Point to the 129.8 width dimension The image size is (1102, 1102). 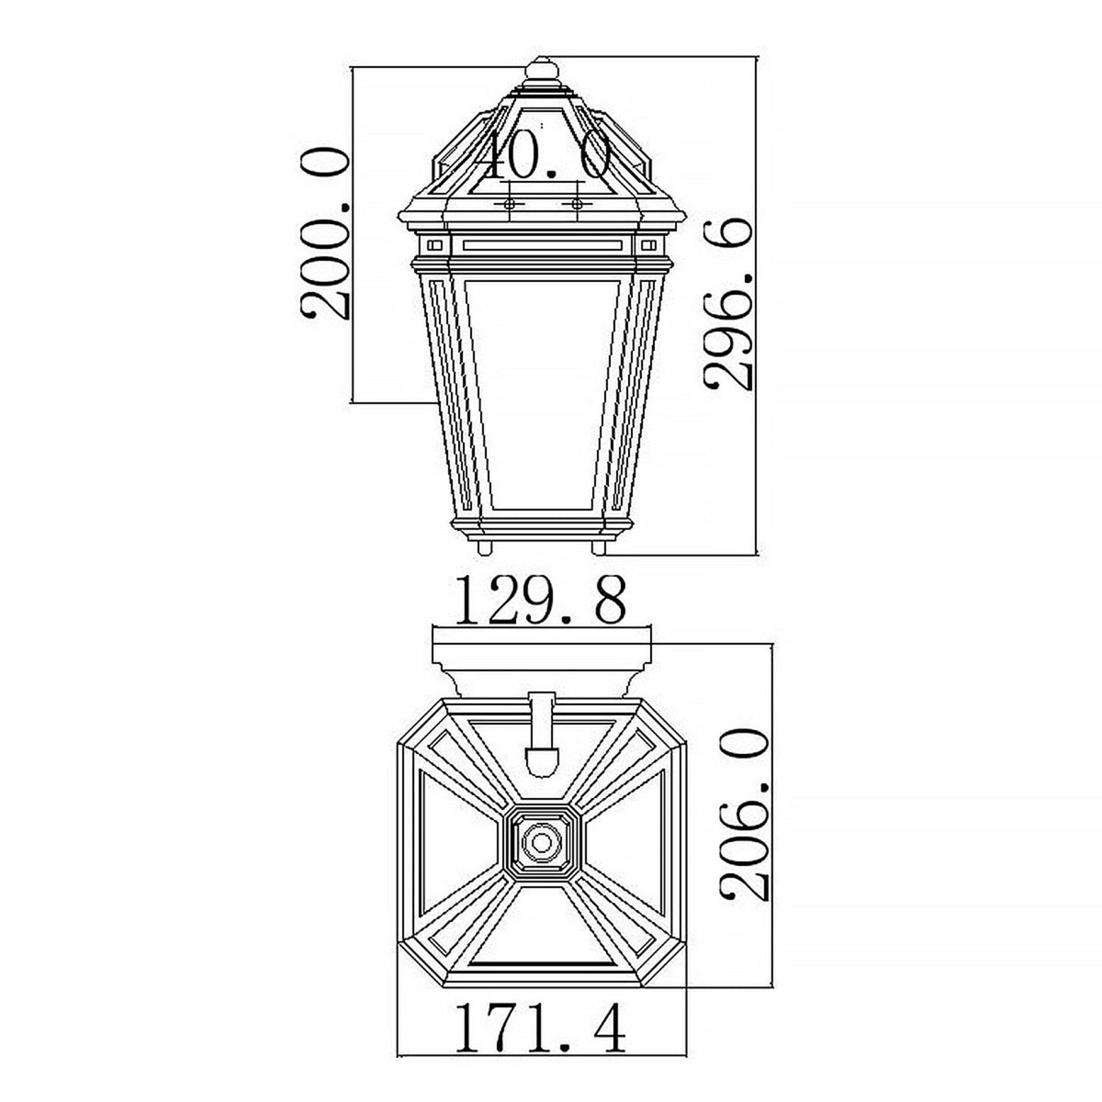[541, 602]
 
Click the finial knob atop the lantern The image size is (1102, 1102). [542, 71]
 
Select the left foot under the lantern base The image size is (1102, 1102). [484, 547]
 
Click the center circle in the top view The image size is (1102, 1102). [541, 842]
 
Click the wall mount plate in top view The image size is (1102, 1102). [541, 657]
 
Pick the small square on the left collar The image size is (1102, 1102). [434, 245]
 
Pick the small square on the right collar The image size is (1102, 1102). [649, 245]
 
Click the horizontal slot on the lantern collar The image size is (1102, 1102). [542, 245]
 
